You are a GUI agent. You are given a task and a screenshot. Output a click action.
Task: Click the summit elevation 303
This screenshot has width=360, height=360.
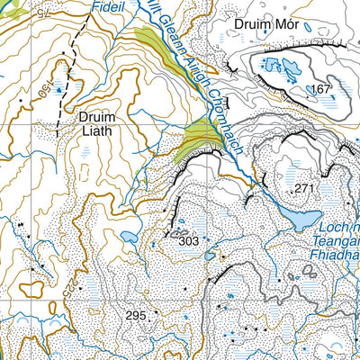(x=188, y=241)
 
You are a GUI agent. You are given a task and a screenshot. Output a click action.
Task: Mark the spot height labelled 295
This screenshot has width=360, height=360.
(x=135, y=315)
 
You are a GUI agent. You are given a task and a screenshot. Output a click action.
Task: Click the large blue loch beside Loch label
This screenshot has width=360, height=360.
(x=298, y=218)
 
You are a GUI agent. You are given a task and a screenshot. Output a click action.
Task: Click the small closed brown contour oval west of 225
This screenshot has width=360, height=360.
(x=32, y=289)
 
